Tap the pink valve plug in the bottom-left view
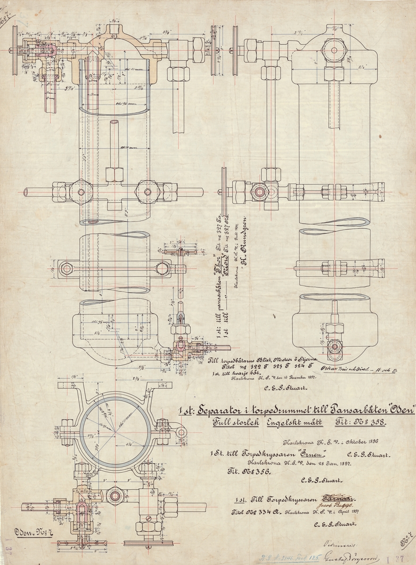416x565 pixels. [81, 510]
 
